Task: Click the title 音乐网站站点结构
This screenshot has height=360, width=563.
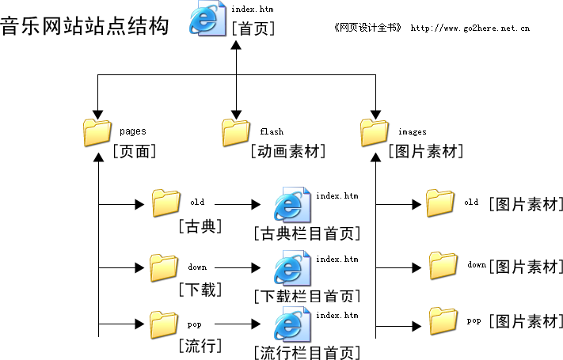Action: (84, 25)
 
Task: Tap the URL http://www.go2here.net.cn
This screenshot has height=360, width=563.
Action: (470, 28)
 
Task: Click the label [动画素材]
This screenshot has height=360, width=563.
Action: (288, 151)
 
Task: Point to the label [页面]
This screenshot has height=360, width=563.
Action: (134, 151)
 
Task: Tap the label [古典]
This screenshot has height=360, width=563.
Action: (200, 227)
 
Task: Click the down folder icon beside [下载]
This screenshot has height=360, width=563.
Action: (165, 268)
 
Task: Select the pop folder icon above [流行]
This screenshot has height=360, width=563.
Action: (165, 323)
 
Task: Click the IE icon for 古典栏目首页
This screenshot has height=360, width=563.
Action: (291, 205)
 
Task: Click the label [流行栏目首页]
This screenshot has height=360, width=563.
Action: (307, 352)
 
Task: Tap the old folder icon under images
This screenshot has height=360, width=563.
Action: (440, 203)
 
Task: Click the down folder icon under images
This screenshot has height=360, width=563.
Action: (443, 265)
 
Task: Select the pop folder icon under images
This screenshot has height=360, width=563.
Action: (443, 321)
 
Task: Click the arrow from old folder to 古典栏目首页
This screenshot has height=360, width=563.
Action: (238, 205)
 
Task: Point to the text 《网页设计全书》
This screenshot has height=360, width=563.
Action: (368, 28)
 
